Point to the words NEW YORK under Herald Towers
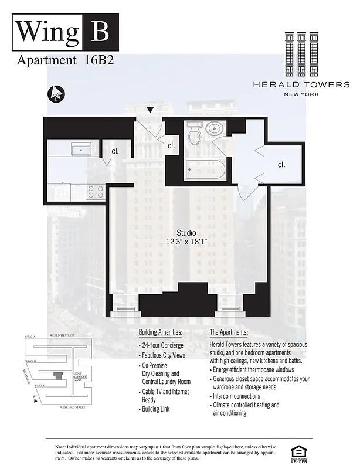(x=302, y=94)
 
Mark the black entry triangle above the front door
(x=151, y=110)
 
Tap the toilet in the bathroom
(x=193, y=134)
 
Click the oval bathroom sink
(x=214, y=128)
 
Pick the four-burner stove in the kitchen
(x=95, y=191)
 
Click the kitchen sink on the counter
(x=77, y=150)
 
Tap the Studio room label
(x=186, y=233)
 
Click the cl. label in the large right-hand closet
(x=281, y=165)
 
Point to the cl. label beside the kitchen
(x=115, y=151)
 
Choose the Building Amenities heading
(x=161, y=332)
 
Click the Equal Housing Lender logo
(x=299, y=453)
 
